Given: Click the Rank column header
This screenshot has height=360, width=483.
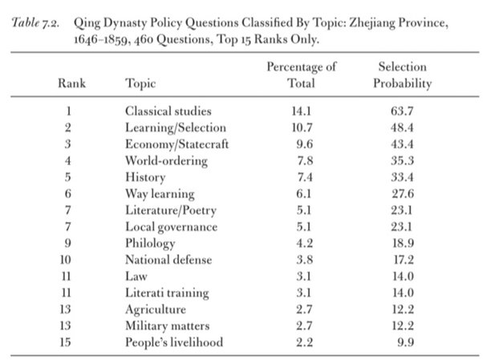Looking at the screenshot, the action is point(71,83).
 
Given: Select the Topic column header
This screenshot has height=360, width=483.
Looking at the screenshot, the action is point(140,83).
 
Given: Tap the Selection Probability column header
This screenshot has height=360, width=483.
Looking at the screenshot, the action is point(402,75).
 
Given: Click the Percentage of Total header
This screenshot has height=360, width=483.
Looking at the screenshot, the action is point(301,75).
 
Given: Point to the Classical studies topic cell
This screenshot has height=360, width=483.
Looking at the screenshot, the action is point(168,111).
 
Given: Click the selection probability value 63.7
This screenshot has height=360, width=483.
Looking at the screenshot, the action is point(402,111).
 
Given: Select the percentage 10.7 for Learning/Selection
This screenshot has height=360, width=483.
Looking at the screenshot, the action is point(302,127).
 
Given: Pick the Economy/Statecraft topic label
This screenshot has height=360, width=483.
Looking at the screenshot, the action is point(177,144).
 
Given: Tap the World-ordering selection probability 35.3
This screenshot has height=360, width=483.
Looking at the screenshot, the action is point(402,160).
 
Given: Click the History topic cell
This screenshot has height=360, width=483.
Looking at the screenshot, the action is point(145,178).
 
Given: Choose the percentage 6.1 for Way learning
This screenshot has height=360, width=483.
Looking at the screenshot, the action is point(304,194).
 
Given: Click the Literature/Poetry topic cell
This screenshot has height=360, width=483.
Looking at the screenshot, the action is point(171,211).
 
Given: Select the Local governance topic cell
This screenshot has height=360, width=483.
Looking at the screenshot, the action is point(171,227).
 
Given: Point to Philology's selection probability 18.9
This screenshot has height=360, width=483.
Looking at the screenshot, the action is point(403,243).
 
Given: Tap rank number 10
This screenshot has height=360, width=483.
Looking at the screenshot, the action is point(65,260).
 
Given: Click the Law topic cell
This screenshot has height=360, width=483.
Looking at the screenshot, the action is point(136,277).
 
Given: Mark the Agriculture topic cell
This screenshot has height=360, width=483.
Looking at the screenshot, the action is point(156,309).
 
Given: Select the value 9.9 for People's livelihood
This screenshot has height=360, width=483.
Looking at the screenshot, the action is point(405,342).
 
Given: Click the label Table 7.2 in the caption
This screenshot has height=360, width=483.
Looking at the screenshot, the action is point(35,22).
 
